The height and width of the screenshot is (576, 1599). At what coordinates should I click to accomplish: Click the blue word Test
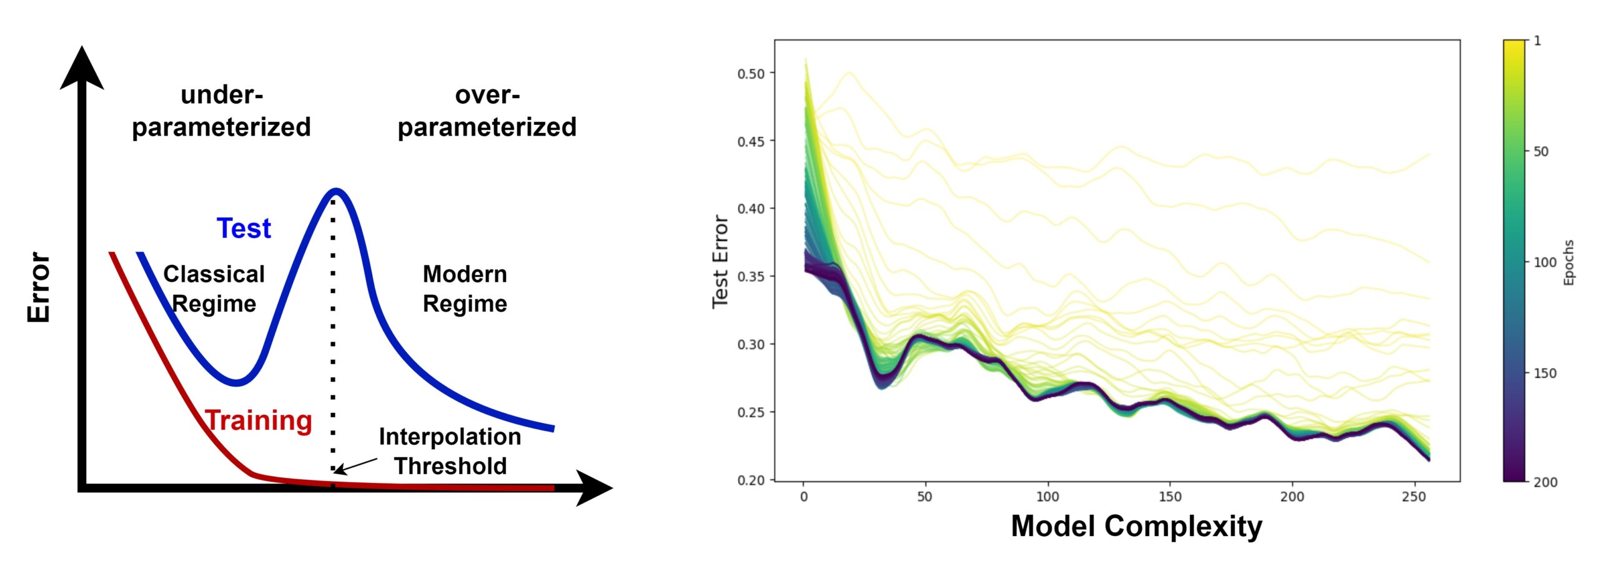tap(244, 229)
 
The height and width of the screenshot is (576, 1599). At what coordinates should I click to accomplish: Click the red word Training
tap(259, 420)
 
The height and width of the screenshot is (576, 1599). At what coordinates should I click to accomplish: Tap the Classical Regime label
tap(214, 289)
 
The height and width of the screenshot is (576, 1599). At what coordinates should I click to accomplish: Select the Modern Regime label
tap(465, 289)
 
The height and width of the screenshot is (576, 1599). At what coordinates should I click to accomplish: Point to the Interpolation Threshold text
tap(450, 451)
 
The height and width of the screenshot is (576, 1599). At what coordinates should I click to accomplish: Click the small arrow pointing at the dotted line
tap(356, 465)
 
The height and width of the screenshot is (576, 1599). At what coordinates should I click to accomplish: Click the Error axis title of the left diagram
tap(39, 287)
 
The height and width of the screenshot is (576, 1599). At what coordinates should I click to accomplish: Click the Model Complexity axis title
tap(1136, 526)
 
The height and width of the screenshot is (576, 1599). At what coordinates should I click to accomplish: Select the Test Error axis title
tap(720, 261)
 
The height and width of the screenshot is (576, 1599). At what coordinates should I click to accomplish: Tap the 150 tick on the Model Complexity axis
tap(1170, 497)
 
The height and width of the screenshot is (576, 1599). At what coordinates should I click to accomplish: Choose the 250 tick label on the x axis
tap(1414, 497)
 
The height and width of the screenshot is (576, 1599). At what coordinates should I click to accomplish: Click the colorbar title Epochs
tap(1568, 262)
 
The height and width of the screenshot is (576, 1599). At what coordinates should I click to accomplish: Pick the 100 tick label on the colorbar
tap(1545, 262)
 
